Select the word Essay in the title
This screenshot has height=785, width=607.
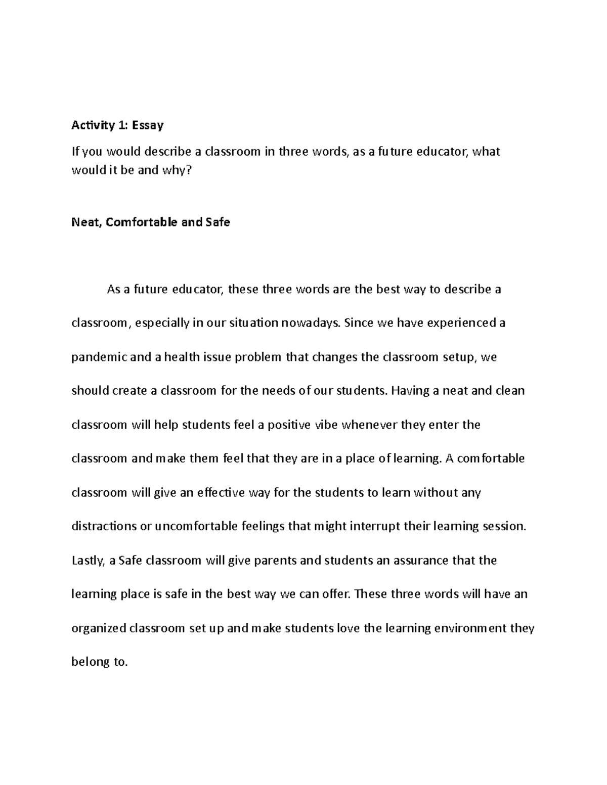click(148, 125)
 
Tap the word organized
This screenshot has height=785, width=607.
click(99, 629)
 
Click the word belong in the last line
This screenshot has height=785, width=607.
click(89, 662)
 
